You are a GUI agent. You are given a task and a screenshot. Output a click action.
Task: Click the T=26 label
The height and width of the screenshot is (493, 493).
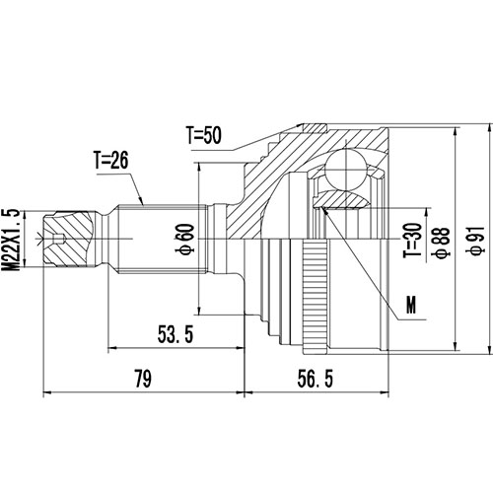click(113, 158)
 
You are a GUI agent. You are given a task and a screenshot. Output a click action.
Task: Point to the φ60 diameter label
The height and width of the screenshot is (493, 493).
click(185, 238)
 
